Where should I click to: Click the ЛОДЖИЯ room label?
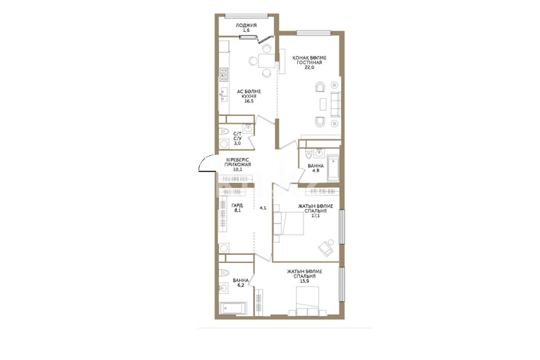point(246,25)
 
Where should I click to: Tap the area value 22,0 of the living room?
point(309,68)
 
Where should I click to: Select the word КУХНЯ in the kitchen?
point(248,96)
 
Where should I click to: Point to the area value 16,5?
point(248,101)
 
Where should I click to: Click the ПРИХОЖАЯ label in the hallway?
point(237,165)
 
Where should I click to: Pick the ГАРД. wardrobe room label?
point(237,206)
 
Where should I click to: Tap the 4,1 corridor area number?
point(263,208)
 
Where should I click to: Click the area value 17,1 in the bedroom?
point(315,216)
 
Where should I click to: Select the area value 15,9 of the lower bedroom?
point(304,281)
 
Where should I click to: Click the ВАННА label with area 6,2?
point(241,280)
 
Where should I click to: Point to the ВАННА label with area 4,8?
point(316,166)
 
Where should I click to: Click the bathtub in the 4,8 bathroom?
point(333,168)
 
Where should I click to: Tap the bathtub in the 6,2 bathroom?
point(233,308)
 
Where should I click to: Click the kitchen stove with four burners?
point(224,75)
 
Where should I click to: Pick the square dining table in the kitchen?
point(267,61)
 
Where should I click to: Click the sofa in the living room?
point(335,104)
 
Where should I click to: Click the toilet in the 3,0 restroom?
point(224,131)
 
